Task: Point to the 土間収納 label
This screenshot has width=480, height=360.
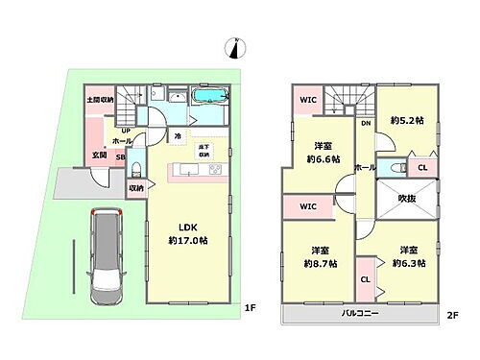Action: coord(100,100)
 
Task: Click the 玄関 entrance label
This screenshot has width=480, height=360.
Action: coord(99,156)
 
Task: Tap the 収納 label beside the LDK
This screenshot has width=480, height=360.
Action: coord(136,188)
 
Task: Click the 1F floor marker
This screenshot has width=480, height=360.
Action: coord(249,307)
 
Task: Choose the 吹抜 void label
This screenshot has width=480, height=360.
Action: coord(401,198)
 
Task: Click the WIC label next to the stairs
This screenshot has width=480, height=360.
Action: coord(306,100)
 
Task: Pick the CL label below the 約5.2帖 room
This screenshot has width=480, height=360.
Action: coord(421,167)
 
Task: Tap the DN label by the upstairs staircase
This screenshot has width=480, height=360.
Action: coord(366,124)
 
